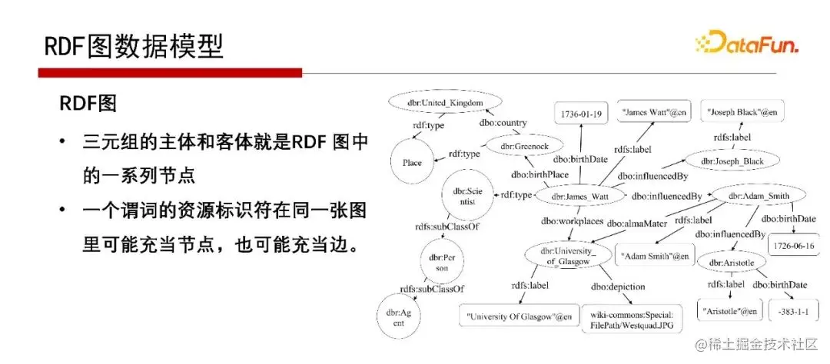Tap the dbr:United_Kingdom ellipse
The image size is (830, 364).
445,102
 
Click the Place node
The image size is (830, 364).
412,163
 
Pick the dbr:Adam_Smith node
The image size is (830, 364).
758,196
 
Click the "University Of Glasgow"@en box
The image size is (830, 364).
520,316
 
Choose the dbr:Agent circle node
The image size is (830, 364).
400,318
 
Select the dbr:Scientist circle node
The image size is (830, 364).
466,196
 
